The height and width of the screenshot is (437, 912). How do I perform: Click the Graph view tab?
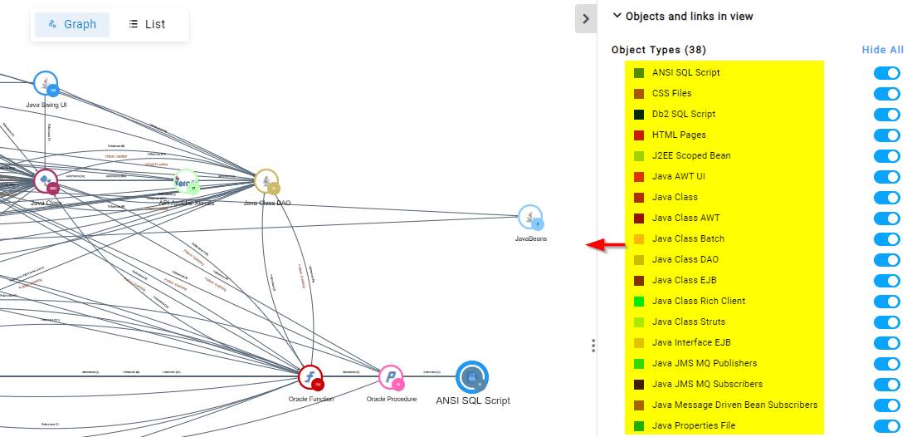click(x=71, y=24)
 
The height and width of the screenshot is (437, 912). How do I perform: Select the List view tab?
click(x=147, y=24)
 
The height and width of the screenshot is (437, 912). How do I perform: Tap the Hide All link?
click(x=882, y=50)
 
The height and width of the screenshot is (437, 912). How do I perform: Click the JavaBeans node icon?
click(x=530, y=218)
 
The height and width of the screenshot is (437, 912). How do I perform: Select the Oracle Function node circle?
click(x=310, y=378)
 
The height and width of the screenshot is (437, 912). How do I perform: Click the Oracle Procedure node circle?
click(x=391, y=378)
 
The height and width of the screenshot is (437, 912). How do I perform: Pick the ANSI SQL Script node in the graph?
click(x=472, y=377)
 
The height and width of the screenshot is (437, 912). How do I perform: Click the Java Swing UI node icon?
click(x=46, y=84)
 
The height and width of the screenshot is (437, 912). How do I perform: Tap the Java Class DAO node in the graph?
click(x=266, y=182)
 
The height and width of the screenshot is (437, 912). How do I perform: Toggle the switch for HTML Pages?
click(x=886, y=135)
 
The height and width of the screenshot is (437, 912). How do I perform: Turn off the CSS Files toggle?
click(x=886, y=94)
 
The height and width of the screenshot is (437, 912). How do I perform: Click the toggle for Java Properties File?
click(x=886, y=426)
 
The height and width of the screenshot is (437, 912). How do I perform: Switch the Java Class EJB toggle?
click(x=886, y=281)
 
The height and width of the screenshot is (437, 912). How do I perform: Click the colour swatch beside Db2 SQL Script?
click(x=639, y=115)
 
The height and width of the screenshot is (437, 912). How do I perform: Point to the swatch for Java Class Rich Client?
click(x=639, y=302)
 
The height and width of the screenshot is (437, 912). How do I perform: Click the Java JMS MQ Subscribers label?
click(x=707, y=385)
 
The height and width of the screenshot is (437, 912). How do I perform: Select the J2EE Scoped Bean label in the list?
click(x=691, y=156)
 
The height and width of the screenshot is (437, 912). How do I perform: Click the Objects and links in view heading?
click(x=689, y=16)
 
